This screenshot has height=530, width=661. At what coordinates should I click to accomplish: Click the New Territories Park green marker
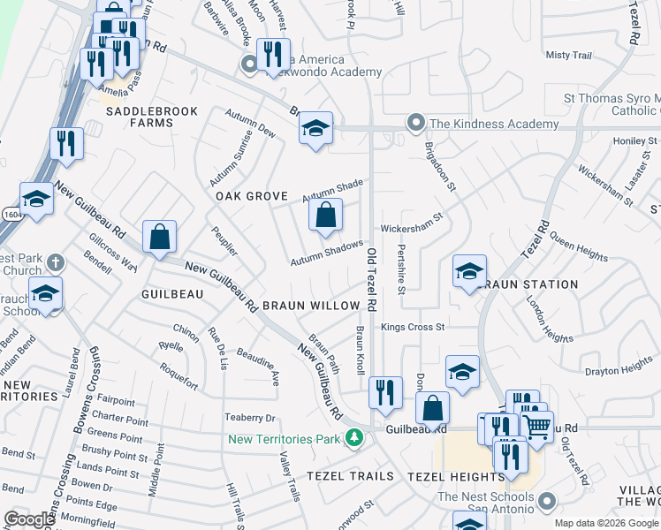tap(354, 437)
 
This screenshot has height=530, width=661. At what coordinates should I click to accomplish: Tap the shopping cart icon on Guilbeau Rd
tap(538, 427)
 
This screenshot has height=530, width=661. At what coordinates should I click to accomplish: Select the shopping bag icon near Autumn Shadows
tap(326, 215)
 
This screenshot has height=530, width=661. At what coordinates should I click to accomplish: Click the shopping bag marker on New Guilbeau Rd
tap(159, 237)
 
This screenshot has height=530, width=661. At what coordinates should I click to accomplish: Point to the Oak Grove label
tap(252, 195)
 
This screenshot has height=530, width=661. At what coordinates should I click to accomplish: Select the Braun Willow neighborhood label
tap(310, 306)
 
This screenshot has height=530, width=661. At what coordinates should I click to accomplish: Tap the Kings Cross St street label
tap(413, 327)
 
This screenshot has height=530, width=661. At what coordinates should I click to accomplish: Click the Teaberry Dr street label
tap(251, 418)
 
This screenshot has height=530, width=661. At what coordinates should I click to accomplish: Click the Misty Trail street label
tap(568, 55)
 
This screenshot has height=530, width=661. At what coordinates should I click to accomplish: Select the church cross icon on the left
tap(55, 262)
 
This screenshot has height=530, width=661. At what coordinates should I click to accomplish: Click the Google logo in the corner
tap(29, 519)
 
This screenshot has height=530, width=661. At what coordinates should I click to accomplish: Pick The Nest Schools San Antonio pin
tap(547, 503)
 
